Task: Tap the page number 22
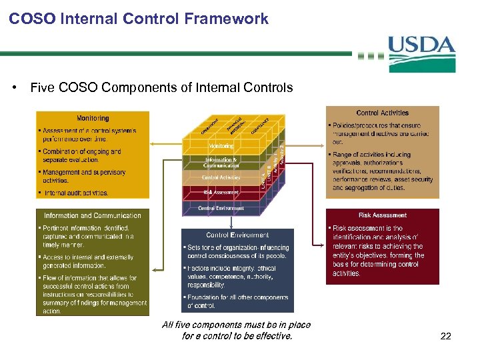(446, 337)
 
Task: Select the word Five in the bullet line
(42, 87)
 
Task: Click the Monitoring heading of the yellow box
(93, 118)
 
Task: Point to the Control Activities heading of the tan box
(383, 113)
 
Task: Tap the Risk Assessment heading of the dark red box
(383, 215)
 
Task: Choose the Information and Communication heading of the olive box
(93, 215)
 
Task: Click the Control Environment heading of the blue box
(237, 235)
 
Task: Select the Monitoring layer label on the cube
(221, 146)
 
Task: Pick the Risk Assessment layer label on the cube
(221, 192)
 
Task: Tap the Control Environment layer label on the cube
(221, 208)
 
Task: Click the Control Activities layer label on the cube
(221, 177)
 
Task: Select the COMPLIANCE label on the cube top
(259, 125)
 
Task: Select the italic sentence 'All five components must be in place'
(237, 325)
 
